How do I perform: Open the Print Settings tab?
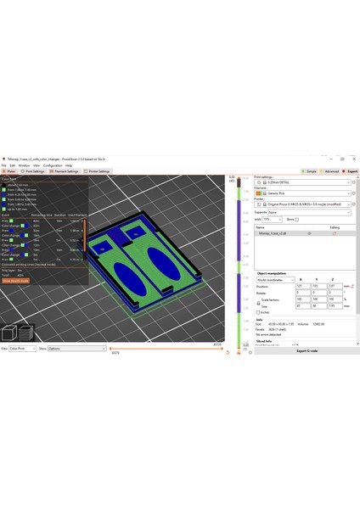pyautogui.click(x=34, y=171)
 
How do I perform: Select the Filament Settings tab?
pyautogui.click(x=66, y=171)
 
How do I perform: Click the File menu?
pyautogui.click(x=3, y=165)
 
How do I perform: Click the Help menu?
pyautogui.click(x=69, y=165)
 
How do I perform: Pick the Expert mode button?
pyautogui.click(x=350, y=171)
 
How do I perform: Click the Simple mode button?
pyautogui.click(x=311, y=171)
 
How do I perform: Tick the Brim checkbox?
pyautogui.click(x=297, y=219)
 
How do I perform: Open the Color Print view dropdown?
pyautogui.click(x=20, y=348)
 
